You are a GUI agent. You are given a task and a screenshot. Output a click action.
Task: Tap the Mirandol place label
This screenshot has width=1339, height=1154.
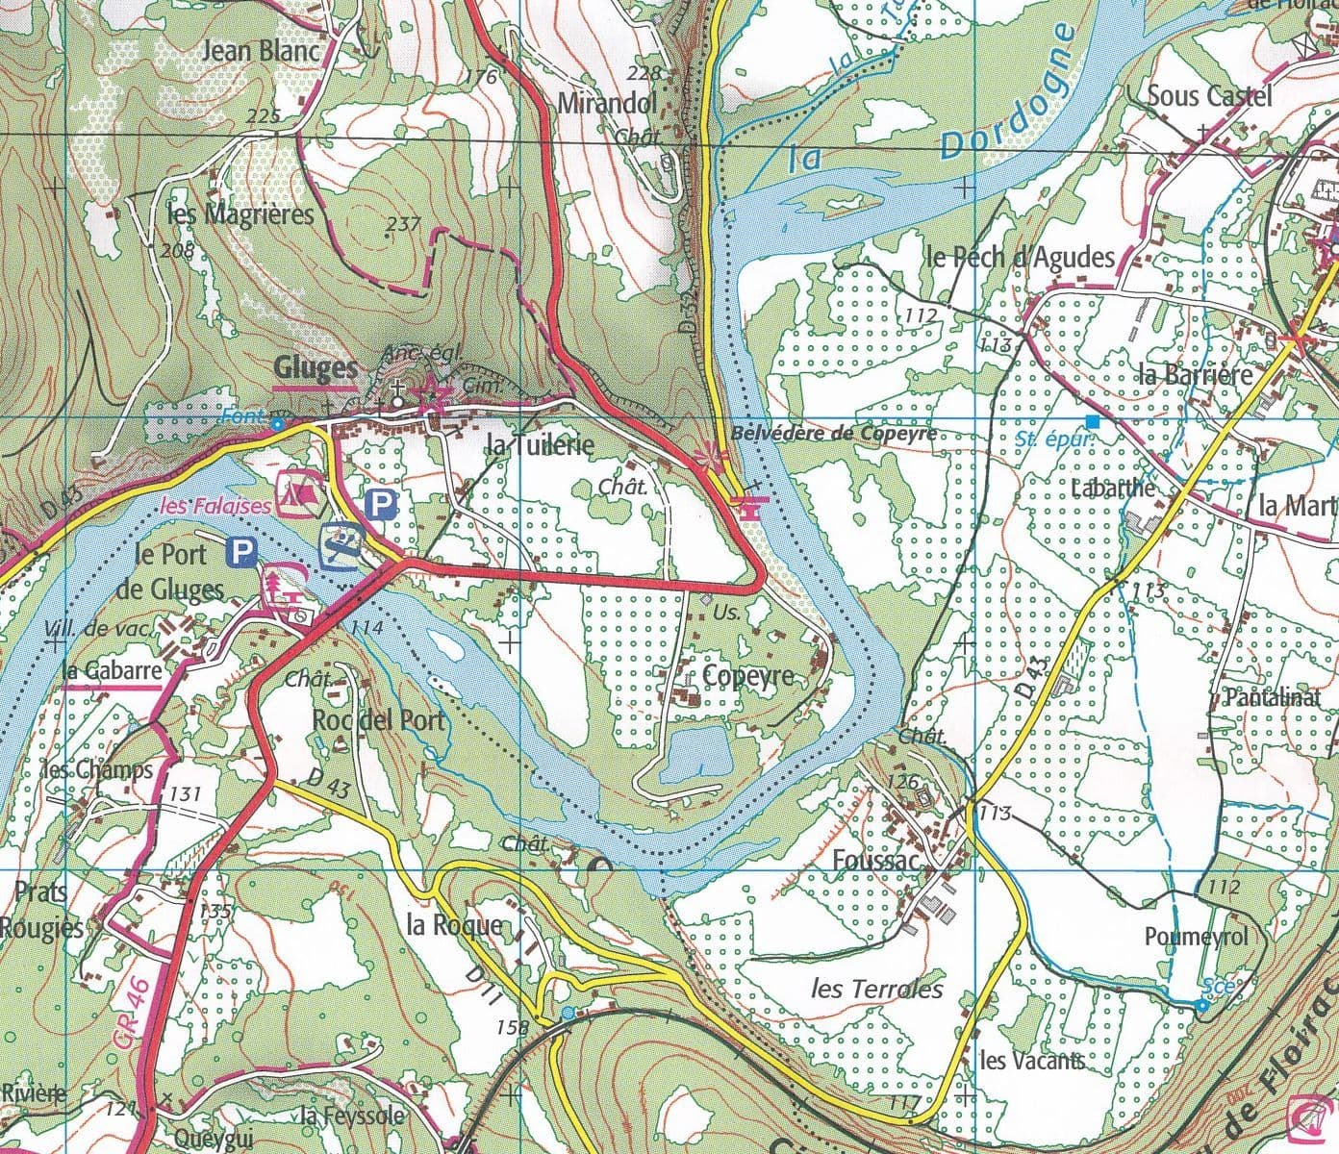click(x=607, y=103)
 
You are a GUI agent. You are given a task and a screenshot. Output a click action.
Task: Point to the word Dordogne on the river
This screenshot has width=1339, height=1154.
click(x=1006, y=93)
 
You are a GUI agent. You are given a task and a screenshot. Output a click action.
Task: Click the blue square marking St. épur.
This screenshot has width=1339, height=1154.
click(x=1092, y=421)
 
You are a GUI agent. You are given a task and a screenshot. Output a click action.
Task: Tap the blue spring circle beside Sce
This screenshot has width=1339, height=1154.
click(x=1201, y=1005)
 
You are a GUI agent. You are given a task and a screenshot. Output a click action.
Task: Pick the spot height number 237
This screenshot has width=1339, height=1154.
click(x=402, y=225)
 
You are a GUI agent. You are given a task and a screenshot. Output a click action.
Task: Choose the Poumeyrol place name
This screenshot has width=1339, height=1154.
click(x=1196, y=936)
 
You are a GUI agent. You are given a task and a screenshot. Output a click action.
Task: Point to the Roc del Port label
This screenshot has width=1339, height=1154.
click(x=380, y=719)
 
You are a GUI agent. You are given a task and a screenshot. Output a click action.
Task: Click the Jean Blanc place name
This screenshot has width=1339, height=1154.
click(x=261, y=50)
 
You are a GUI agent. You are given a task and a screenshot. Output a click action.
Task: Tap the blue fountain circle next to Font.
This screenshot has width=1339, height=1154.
click(x=277, y=423)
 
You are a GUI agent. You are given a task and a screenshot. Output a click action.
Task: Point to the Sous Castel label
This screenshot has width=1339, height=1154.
click(x=1209, y=95)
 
